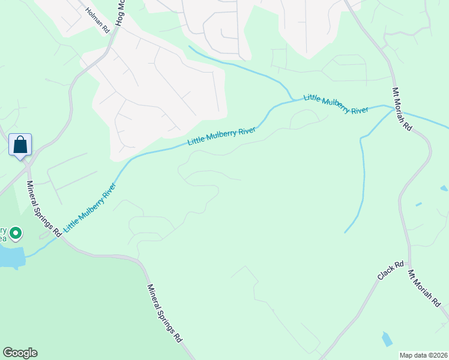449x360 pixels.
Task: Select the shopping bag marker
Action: [x=20, y=145]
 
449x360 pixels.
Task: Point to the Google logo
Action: [x=20, y=353]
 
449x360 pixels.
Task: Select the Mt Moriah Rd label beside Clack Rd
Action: [x=424, y=289]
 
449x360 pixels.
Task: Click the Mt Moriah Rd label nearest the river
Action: [x=402, y=109]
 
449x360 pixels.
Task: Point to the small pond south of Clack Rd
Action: [x=387, y=339]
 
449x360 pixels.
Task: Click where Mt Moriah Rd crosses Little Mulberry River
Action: [x=396, y=107]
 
